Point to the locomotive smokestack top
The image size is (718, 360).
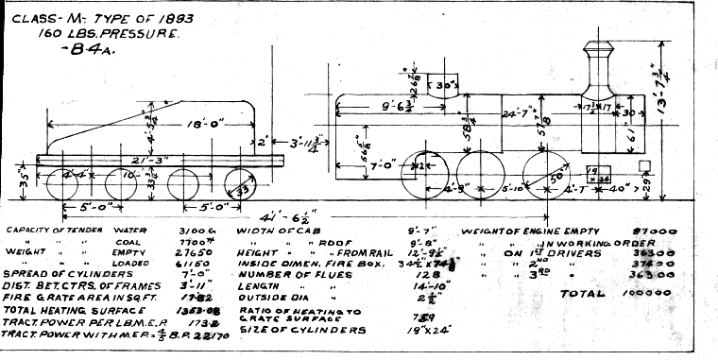598,45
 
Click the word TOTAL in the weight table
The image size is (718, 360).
582,294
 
